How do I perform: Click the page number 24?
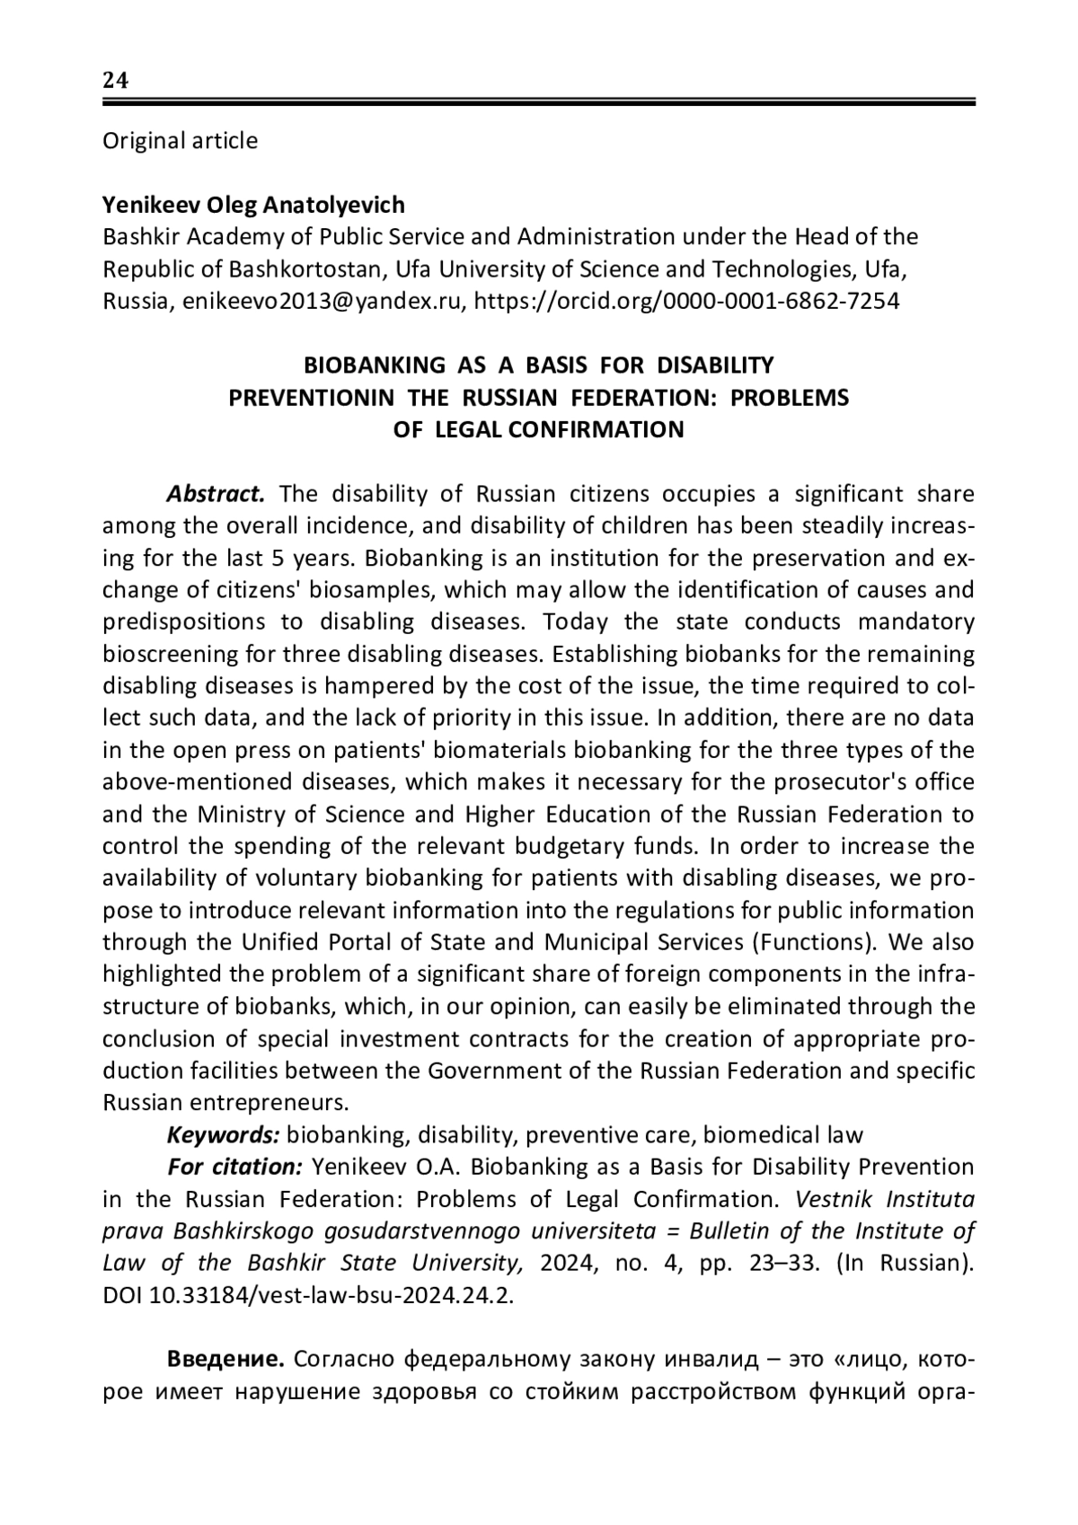(116, 81)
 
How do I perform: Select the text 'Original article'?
(180, 141)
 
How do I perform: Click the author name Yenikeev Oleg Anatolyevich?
(253, 205)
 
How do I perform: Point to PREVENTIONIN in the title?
(311, 397)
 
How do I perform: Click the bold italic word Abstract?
(216, 494)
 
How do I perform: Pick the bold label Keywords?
(224, 1135)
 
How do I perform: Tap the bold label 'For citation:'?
(234, 1168)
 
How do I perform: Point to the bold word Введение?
(225, 1361)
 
